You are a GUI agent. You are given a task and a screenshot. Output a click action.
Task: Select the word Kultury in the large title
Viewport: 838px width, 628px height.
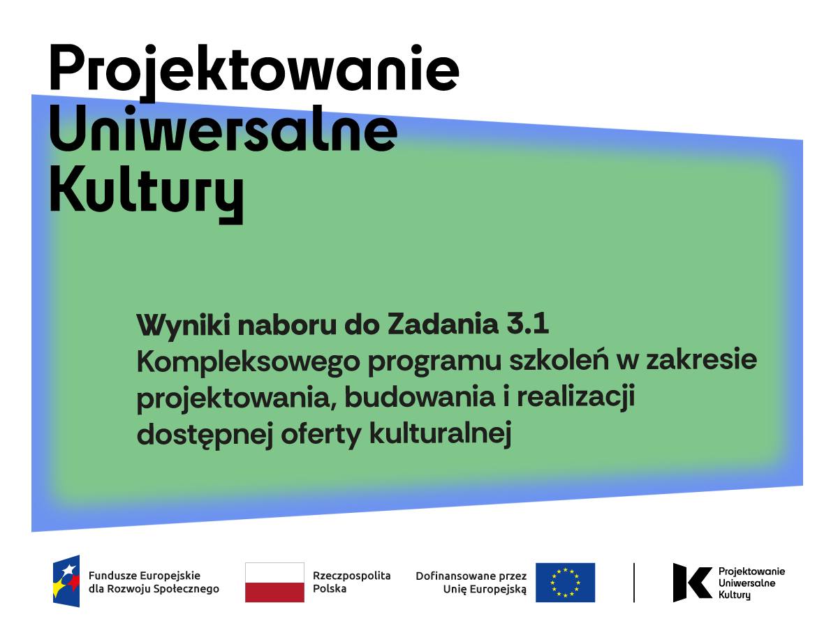click(x=146, y=194)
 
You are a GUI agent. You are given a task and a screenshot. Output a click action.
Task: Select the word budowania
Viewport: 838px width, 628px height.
click(x=420, y=397)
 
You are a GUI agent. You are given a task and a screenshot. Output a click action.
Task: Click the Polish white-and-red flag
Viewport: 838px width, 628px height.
click(x=274, y=582)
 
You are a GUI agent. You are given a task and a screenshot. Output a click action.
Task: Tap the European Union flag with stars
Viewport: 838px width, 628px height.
click(x=565, y=582)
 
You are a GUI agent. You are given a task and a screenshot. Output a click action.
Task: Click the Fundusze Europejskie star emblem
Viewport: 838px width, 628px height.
click(x=66, y=581)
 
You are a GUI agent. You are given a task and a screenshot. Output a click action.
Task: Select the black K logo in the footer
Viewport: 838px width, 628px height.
click(x=692, y=582)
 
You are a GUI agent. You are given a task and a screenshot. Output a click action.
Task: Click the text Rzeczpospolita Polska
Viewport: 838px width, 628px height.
click(x=352, y=582)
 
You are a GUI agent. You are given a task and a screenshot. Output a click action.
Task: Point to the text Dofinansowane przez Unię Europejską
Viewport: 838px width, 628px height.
click(x=471, y=583)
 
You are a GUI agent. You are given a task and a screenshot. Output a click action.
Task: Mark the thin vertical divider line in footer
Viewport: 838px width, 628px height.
click(x=634, y=583)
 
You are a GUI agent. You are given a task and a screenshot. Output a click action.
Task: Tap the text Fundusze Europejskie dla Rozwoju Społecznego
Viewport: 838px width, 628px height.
click(x=154, y=582)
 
